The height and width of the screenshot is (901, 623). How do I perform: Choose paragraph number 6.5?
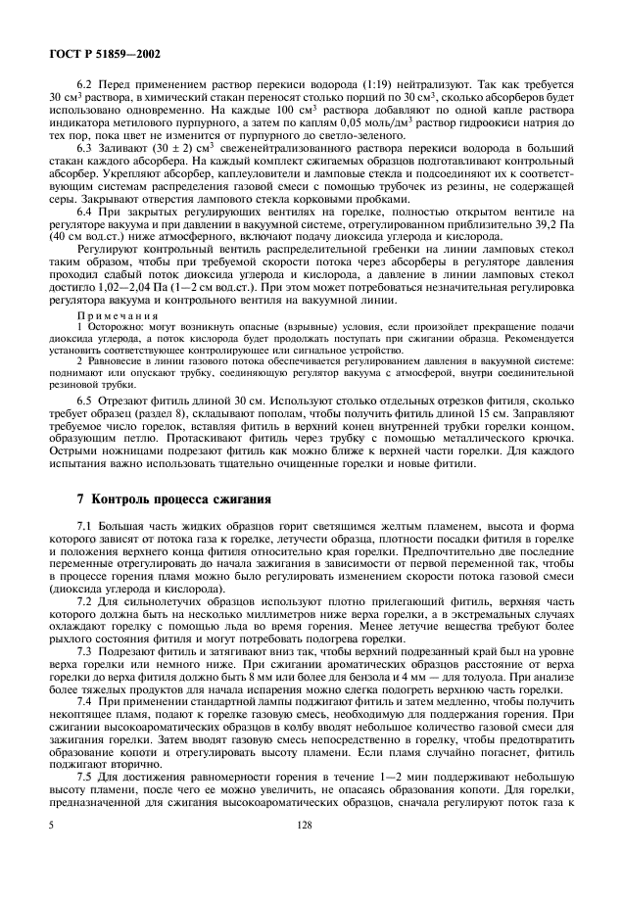pos(85,428)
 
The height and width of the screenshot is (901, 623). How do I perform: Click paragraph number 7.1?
pos(85,529)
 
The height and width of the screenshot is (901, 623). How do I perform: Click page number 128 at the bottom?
pos(311,853)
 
